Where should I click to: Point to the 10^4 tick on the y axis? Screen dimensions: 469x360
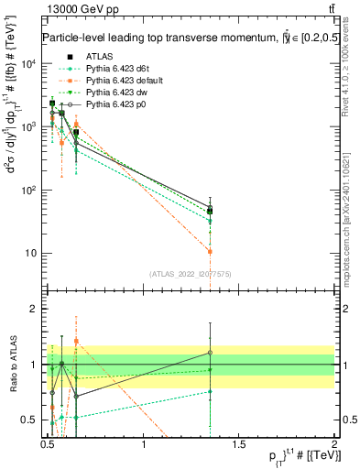point(28,64)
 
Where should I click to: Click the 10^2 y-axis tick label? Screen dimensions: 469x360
point(28,191)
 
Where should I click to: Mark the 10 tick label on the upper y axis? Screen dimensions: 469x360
point(30,253)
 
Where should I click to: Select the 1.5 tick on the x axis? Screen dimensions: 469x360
point(239,443)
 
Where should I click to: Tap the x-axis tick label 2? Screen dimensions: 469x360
point(334,443)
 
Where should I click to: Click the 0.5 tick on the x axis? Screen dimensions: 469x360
point(49,443)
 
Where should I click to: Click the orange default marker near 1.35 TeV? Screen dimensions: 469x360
point(210,251)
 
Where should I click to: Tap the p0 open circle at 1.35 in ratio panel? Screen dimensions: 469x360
point(210,353)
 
